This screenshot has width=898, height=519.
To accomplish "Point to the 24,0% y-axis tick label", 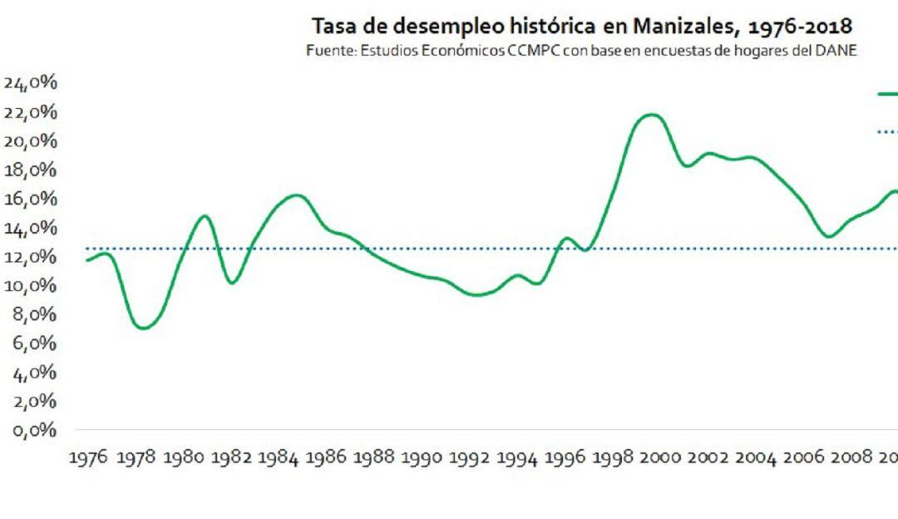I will coord(31,83).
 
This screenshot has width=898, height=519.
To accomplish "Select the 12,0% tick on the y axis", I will coord(31,257).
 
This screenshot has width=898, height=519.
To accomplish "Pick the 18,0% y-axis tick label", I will coord(31,171).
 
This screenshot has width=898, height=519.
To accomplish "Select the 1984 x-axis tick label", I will coord(277,458).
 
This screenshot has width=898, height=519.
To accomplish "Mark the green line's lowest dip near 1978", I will coord(144,328).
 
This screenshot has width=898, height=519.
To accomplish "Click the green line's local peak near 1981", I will coord(205,216).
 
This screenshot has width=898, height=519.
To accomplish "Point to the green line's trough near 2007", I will coord(828,236).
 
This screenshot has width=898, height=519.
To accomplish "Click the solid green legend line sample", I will coord(887,94).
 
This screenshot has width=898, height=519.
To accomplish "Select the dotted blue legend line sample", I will coord(887,131).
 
